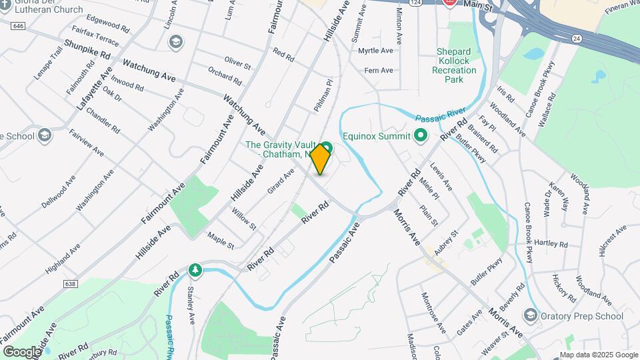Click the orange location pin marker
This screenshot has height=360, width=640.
coord(321,159)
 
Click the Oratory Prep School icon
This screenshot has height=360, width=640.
coord(531,314)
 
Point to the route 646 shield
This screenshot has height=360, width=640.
coord(18,25)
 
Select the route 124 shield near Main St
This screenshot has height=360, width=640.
coord(433,3)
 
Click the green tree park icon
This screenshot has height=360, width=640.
coord(195,269)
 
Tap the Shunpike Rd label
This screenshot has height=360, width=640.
coord(87,53)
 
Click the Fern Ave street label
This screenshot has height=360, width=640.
coord(379,70)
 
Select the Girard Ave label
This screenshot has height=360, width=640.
coord(281,182)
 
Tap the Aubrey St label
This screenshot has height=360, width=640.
coord(446,242)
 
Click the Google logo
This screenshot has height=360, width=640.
coord(22,352)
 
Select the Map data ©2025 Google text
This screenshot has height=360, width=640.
coord(598,355)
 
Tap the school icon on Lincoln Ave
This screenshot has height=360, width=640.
coord(175,42)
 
